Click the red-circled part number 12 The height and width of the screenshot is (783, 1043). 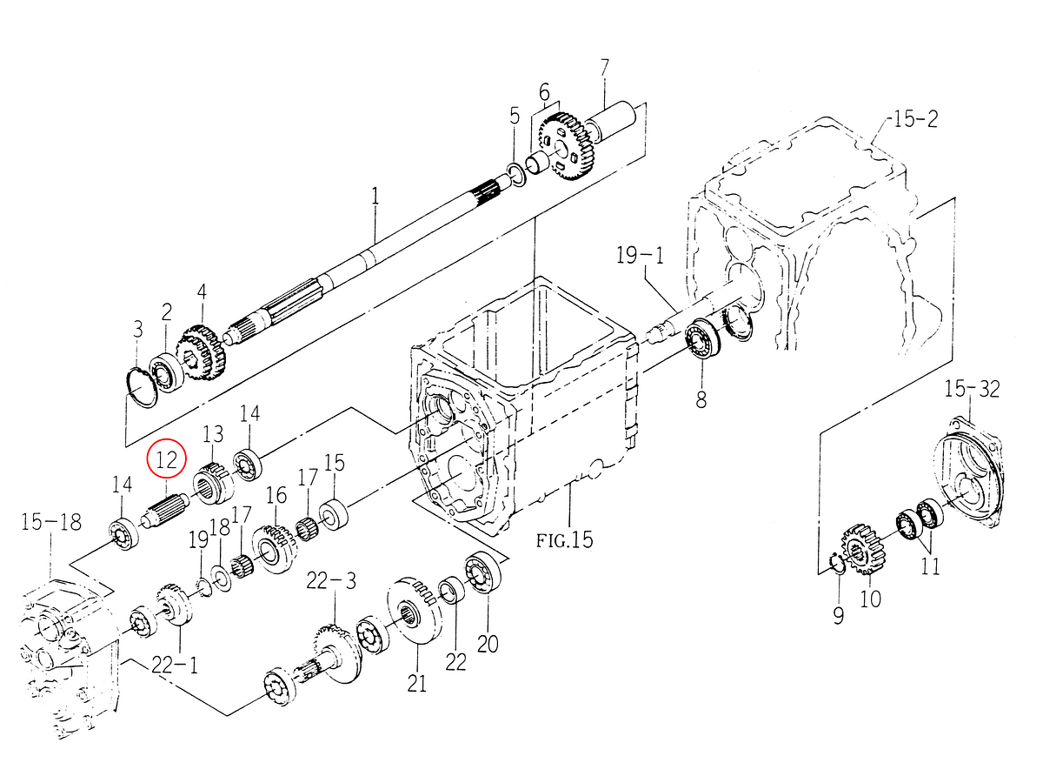click(x=166, y=458)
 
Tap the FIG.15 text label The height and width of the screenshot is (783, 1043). click(x=564, y=540)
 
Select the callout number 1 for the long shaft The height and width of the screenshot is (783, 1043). click(x=375, y=197)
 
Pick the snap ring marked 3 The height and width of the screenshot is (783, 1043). click(x=139, y=385)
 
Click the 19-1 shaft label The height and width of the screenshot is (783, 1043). click(x=640, y=256)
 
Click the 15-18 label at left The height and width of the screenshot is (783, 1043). click(x=50, y=522)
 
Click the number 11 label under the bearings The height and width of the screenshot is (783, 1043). click(x=930, y=567)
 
